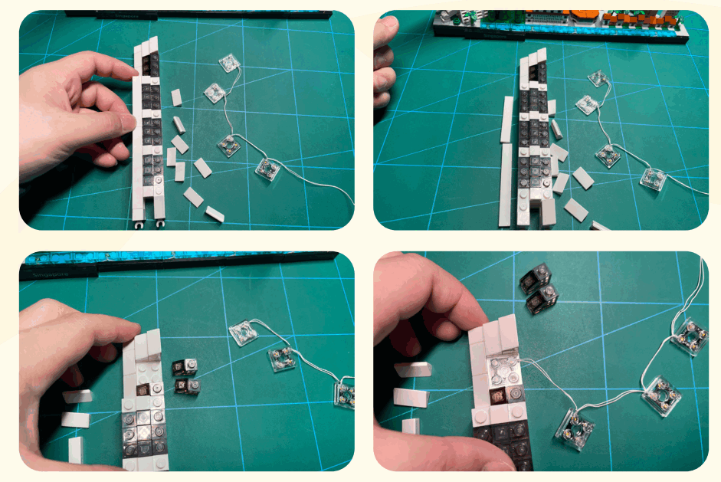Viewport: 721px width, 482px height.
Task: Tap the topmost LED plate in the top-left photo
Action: click(x=227, y=64)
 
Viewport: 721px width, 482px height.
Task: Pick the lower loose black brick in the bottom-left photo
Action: click(x=187, y=385)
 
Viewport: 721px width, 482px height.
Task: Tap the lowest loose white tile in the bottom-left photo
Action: click(x=75, y=450)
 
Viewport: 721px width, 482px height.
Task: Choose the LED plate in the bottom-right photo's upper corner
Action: click(x=687, y=339)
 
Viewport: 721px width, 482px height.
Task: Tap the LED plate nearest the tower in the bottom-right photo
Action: click(x=578, y=422)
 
